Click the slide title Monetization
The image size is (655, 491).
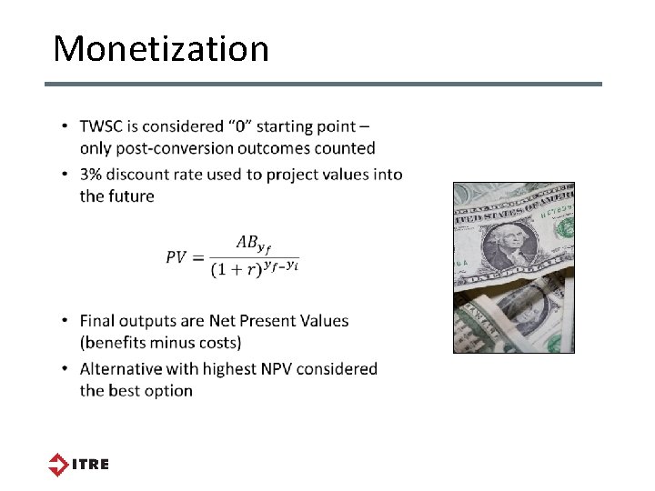coord(161,48)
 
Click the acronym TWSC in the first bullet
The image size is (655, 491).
coord(104,126)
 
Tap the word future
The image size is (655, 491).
coord(130,195)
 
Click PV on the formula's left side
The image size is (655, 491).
coord(176,257)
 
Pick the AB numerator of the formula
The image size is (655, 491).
coord(247,242)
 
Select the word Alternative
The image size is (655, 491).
coord(121,368)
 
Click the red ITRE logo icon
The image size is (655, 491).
coord(58,464)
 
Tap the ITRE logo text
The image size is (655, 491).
coord(91,464)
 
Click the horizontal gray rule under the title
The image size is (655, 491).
coord(324,85)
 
